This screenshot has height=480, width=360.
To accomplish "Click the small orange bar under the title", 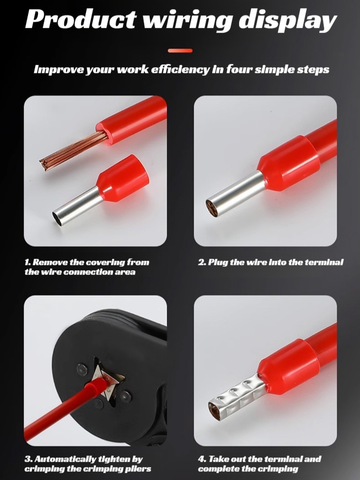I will (x=180, y=50).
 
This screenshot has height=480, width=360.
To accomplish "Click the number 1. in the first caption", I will (x=28, y=263).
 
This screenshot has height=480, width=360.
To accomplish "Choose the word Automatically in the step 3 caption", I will (x=72, y=459).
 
